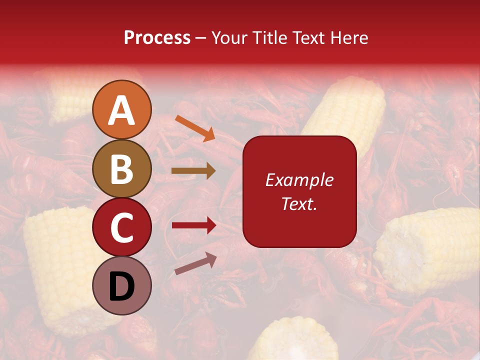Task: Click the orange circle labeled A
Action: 122,109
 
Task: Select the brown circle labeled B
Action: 122,168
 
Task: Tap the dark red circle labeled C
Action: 122,227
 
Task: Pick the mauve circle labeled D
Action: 122,285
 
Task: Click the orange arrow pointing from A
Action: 195,128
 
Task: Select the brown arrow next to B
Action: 193,171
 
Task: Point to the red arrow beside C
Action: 194,225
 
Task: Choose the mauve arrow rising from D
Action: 195,263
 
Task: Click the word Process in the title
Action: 157,37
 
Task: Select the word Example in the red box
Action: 299,180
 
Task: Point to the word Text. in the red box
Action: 299,203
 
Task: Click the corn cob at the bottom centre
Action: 295,340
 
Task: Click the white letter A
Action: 122,110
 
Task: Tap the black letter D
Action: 122,286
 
